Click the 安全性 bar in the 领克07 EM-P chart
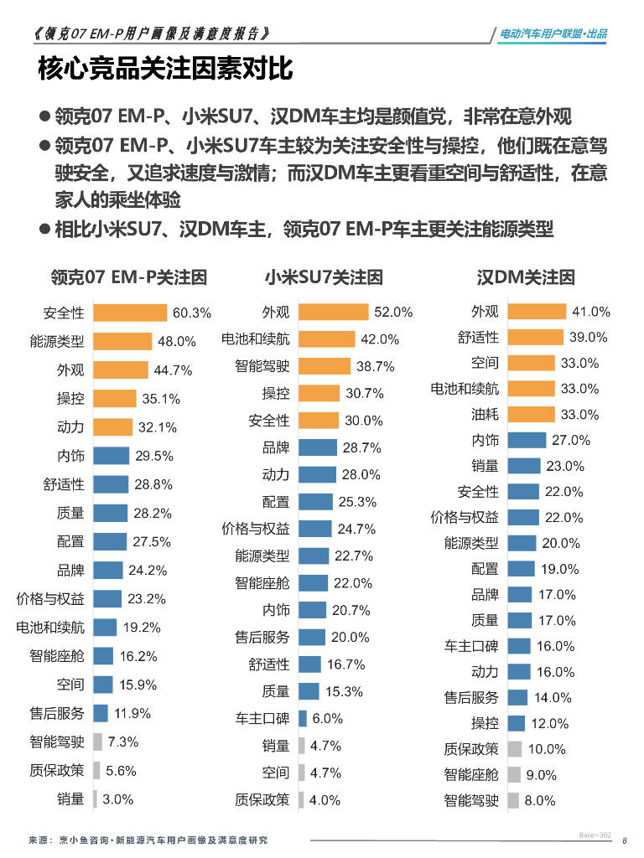click(130, 313)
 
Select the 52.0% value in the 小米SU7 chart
click(393, 312)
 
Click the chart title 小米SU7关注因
click(324, 277)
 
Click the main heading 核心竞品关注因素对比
click(165, 69)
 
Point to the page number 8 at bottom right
click(624, 842)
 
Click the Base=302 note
click(595, 835)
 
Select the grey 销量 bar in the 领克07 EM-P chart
click(96, 799)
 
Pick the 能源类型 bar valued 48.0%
click(122, 341)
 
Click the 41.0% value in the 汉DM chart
click(590, 312)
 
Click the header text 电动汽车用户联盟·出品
click(553, 34)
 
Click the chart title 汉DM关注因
click(526, 277)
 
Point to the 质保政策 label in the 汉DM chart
click(471, 748)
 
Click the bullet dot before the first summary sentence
click(44, 117)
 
